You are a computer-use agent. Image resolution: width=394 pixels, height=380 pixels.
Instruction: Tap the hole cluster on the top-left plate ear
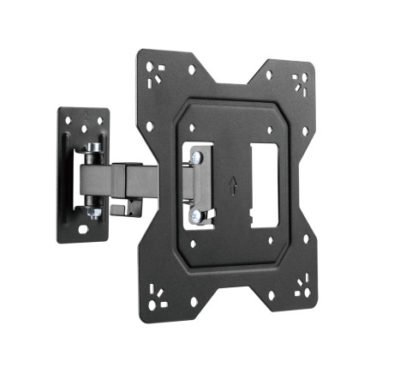click(x=153, y=69)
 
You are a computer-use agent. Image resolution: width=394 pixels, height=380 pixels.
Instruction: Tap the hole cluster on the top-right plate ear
click(x=301, y=81)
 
